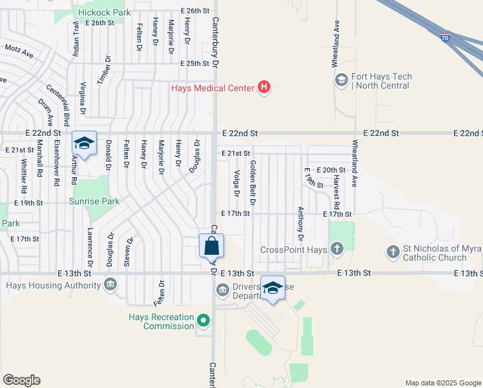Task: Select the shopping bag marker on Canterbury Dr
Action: [x=211, y=247]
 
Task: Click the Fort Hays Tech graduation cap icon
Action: [x=341, y=80]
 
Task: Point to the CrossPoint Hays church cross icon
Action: [x=336, y=249]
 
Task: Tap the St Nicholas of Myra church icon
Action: [x=392, y=250]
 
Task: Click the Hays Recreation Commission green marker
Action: [x=204, y=320]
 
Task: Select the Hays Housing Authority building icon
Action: [x=110, y=283]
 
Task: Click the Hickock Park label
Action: [x=104, y=12]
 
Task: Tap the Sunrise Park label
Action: [x=94, y=201]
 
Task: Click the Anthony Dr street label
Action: [x=300, y=222]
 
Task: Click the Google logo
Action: [x=21, y=380]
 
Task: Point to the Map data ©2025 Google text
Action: [x=442, y=383]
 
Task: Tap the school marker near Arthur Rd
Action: [x=84, y=144]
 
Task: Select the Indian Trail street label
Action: [x=76, y=38]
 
